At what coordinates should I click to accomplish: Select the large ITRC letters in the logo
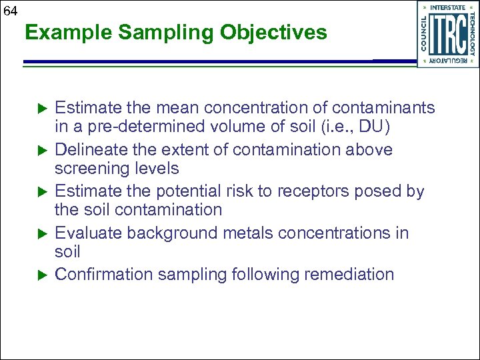[448, 33]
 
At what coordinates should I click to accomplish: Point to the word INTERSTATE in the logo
[448, 7]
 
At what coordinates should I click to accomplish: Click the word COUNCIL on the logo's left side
[424, 33]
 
